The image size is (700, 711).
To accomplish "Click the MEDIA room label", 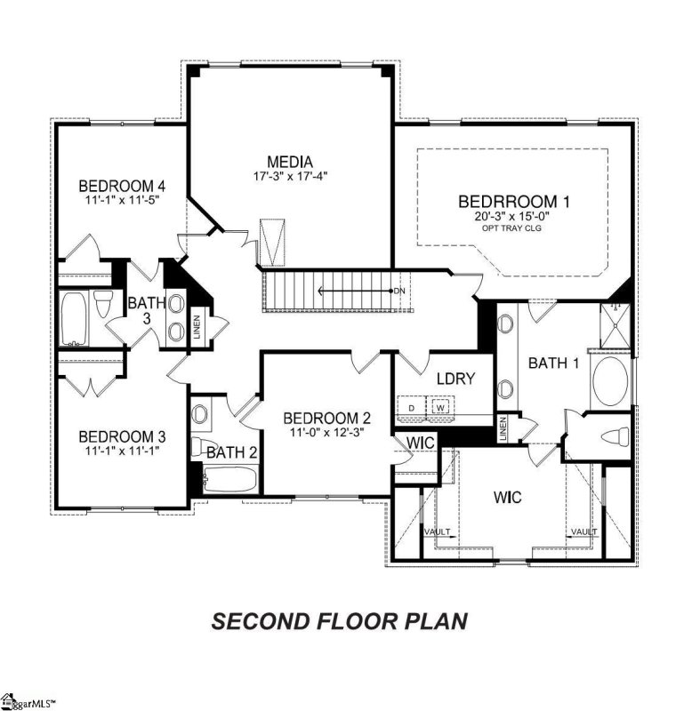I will (x=289, y=162).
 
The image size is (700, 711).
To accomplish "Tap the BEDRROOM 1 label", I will (x=514, y=200).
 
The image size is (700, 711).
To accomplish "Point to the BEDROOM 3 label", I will (x=123, y=436).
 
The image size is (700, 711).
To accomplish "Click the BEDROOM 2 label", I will (x=326, y=419).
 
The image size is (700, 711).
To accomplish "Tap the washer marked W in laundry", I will (x=439, y=407).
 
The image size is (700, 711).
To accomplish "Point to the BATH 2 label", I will (x=232, y=452).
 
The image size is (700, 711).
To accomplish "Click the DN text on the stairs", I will (x=400, y=291).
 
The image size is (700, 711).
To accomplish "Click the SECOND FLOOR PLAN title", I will (x=339, y=620).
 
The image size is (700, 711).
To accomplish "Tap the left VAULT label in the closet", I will (x=436, y=531).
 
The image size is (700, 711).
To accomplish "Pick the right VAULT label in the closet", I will (x=583, y=531).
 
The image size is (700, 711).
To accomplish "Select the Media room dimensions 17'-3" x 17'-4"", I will (x=289, y=176).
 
